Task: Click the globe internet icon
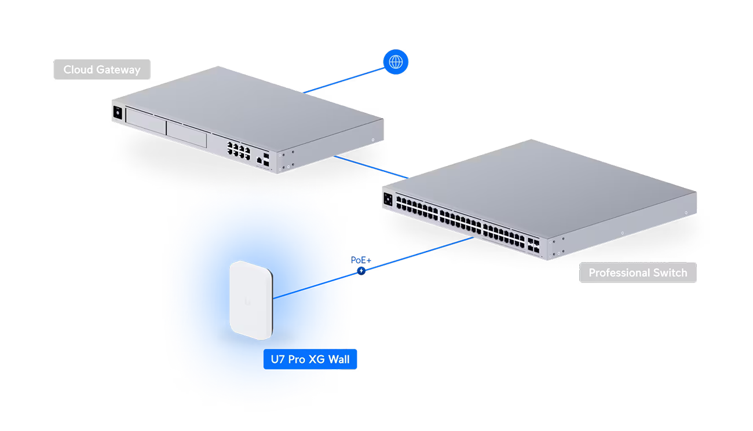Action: click(396, 62)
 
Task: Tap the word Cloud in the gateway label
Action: click(78, 70)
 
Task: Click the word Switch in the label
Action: click(673, 273)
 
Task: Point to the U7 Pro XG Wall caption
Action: click(310, 359)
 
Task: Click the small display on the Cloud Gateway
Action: click(118, 113)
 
